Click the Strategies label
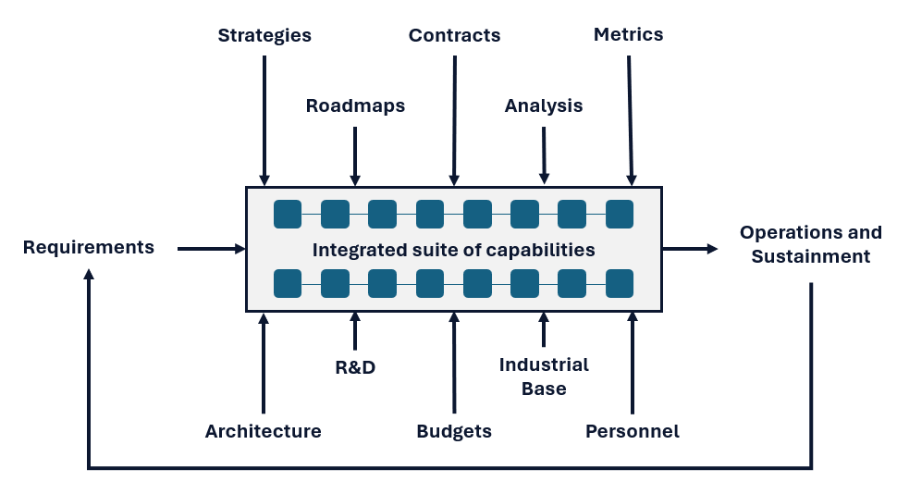264,36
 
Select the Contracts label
454,36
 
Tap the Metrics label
628,34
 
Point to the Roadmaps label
355,105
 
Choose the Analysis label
544,105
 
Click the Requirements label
89,247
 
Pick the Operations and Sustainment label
810,244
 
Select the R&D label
355,367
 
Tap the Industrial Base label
544,376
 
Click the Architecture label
264,431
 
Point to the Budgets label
454,431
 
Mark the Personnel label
633,431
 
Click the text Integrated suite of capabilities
453,250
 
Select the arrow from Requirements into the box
211,249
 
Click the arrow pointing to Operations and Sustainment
690,249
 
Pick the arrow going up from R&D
355,330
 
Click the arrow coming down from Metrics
630,120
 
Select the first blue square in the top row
288,214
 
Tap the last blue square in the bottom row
620,283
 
